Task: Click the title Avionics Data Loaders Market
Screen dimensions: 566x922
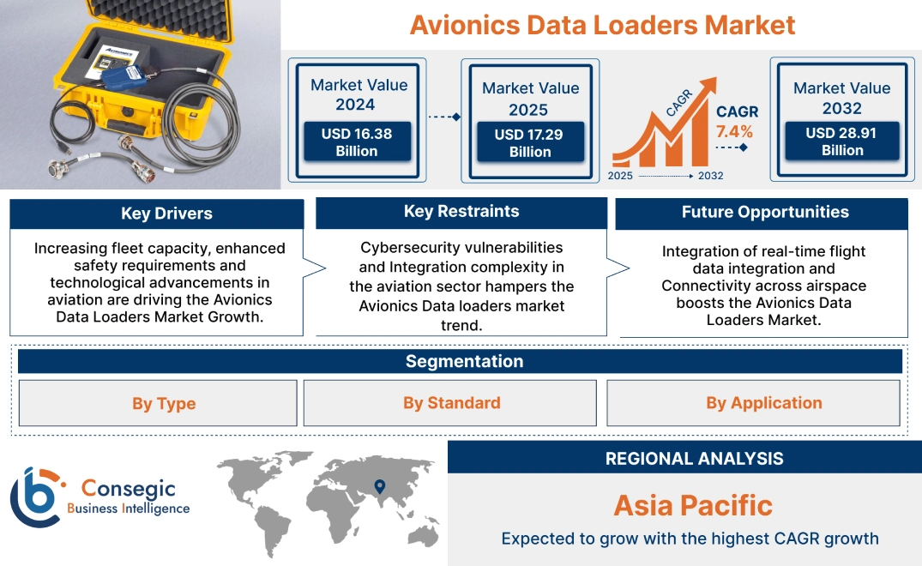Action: tap(602, 24)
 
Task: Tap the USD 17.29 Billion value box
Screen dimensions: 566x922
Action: tap(530, 143)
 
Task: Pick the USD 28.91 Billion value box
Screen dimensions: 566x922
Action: tap(842, 141)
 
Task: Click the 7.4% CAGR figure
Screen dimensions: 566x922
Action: tap(734, 131)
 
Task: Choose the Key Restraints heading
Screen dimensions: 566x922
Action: tap(461, 212)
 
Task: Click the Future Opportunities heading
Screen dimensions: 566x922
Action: tap(765, 212)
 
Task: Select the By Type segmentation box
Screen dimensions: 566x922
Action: tap(164, 403)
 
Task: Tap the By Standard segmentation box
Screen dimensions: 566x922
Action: tap(452, 403)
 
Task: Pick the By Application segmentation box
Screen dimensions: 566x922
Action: tap(764, 403)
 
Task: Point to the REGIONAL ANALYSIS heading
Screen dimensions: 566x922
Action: tap(694, 458)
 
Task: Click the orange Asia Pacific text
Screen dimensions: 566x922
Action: tap(693, 505)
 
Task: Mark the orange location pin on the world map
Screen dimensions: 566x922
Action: tap(378, 487)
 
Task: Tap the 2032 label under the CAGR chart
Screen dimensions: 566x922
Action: tap(710, 176)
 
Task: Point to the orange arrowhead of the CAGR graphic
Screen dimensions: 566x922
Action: tap(708, 86)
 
